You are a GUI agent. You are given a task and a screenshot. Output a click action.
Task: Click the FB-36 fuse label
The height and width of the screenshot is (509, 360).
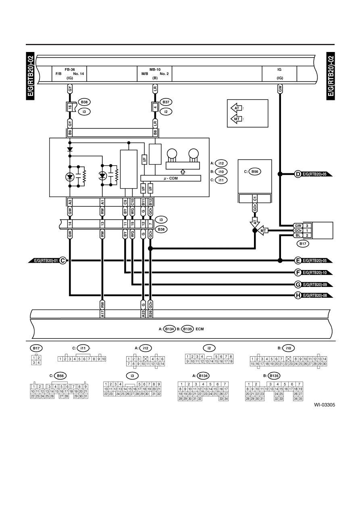70,70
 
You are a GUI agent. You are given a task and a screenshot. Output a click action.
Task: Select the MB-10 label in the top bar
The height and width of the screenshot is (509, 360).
155,70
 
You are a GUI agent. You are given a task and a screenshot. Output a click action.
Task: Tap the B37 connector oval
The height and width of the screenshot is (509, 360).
166,102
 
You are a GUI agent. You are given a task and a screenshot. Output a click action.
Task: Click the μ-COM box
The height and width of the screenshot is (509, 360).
171,178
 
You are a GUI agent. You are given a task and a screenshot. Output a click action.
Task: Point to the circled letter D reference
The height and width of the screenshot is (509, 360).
298,174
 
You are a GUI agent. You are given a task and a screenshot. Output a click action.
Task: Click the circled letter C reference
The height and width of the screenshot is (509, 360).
63,260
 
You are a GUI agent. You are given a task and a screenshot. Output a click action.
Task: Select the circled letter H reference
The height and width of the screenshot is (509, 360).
298,295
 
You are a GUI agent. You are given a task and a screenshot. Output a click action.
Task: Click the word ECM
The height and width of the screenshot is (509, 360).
200,329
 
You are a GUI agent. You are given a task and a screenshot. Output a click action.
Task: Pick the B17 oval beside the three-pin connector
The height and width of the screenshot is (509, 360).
303,244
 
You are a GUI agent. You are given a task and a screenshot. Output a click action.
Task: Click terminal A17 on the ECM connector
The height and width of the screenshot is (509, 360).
102,314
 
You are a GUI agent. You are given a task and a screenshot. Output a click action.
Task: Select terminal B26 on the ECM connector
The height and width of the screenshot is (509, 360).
150,314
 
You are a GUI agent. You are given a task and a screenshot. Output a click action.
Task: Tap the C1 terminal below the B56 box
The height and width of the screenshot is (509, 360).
255,199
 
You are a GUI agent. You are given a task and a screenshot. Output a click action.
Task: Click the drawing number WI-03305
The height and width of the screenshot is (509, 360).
325,405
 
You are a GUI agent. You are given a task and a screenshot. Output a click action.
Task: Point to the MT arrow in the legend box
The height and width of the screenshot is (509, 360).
236,119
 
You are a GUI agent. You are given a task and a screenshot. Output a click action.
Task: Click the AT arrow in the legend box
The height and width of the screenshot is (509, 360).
236,108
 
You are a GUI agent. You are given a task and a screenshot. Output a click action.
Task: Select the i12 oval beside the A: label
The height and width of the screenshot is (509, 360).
221,163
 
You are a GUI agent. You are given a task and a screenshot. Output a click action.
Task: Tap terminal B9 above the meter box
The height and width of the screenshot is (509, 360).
70,133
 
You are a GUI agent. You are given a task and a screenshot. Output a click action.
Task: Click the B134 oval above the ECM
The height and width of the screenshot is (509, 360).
169,329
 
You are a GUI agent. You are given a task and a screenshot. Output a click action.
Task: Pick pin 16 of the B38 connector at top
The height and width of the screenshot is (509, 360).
70,107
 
